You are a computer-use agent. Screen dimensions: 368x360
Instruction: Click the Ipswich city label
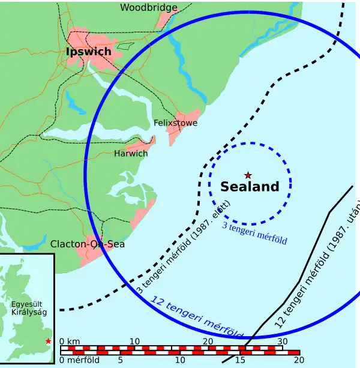(88, 52)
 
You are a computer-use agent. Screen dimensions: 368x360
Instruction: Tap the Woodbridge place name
(149, 8)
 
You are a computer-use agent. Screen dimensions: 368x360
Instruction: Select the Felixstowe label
(175, 122)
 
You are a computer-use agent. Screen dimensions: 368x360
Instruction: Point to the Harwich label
(131, 154)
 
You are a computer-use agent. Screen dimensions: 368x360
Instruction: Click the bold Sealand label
(250, 187)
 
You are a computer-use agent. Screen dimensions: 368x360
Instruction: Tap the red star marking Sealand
(248, 175)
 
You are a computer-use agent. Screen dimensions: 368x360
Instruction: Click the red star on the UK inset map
(48, 341)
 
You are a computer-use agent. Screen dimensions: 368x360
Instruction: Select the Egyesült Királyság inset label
(28, 308)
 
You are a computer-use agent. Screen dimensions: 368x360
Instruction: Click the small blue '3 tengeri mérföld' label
(254, 232)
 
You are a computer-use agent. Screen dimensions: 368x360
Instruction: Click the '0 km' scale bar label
(70, 341)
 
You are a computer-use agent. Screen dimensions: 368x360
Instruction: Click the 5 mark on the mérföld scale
(120, 360)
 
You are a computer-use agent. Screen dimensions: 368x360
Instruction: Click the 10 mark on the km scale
(134, 341)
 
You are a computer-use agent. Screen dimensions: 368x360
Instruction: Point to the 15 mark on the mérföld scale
(240, 360)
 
